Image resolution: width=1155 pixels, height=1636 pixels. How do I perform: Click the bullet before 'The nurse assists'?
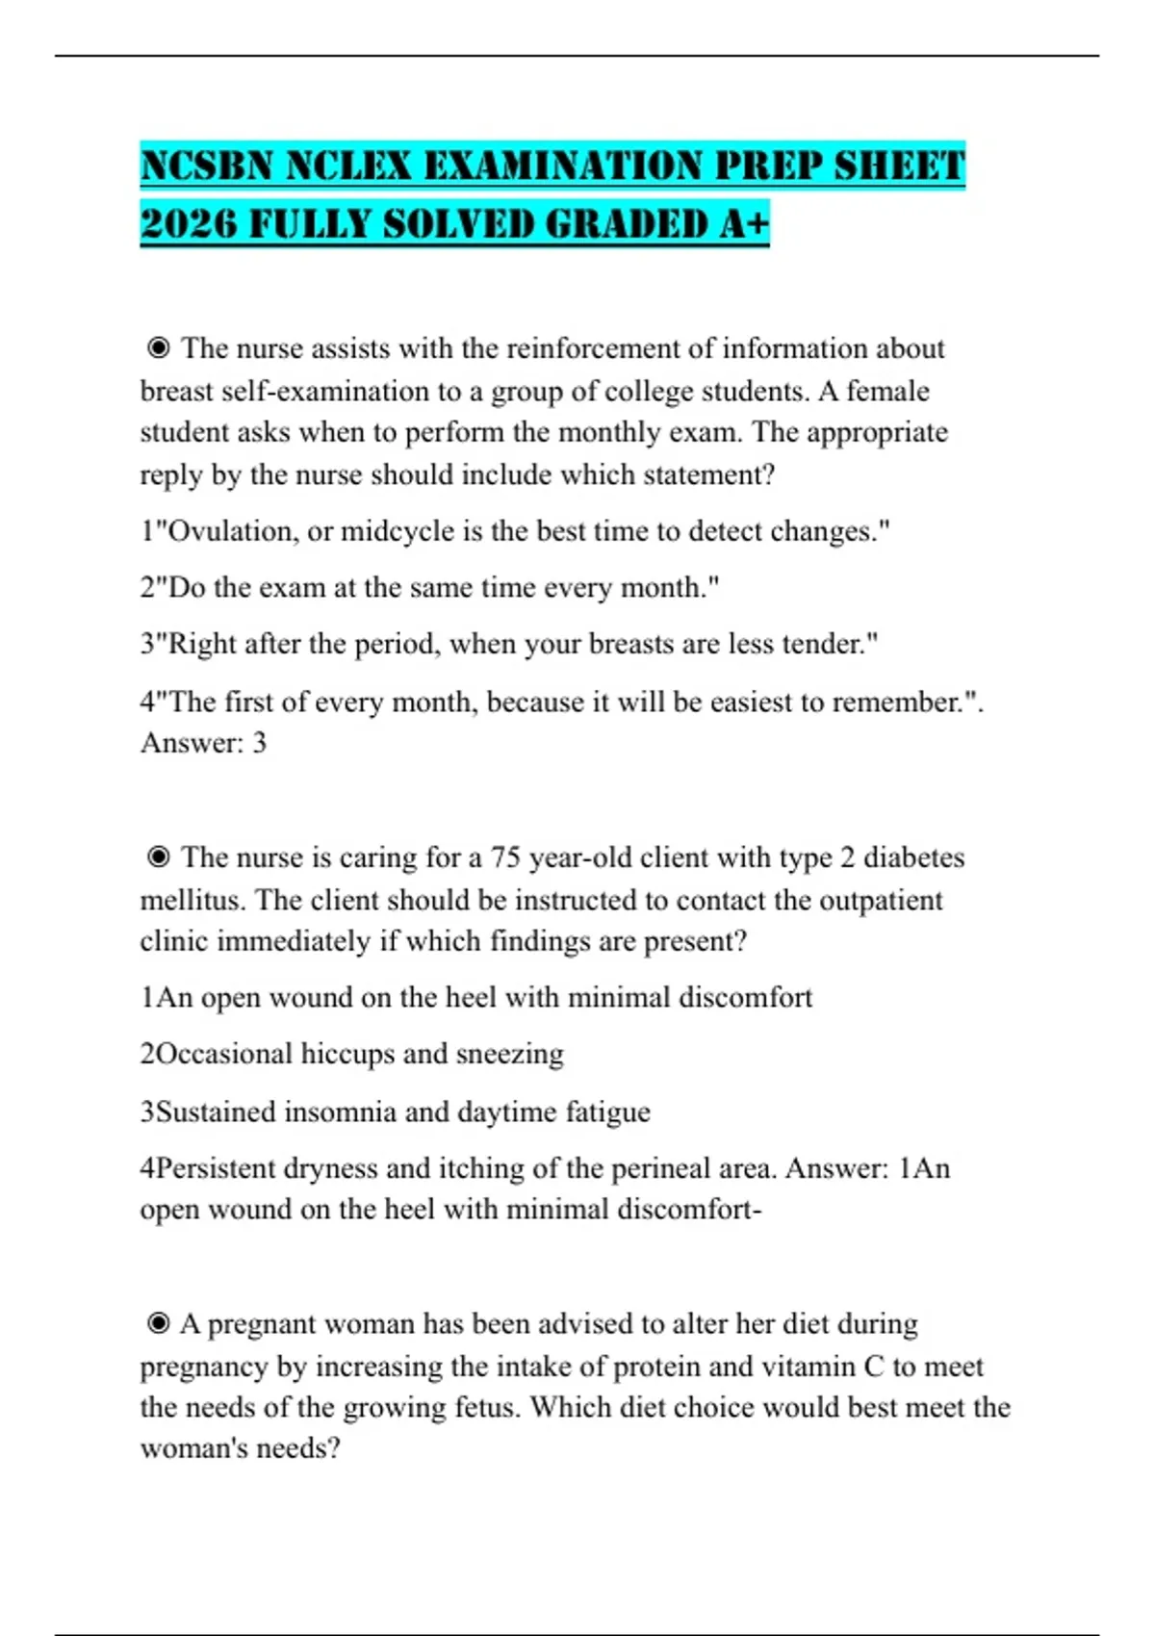coord(159,347)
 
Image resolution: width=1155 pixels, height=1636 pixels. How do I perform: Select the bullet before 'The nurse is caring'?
coord(159,856)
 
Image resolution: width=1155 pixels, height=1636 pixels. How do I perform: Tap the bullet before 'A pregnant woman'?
coord(159,1324)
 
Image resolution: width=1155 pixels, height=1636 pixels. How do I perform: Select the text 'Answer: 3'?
coord(203,743)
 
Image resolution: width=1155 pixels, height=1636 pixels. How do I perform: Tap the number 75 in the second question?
coord(505,856)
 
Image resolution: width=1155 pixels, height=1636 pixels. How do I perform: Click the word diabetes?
coord(913,856)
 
